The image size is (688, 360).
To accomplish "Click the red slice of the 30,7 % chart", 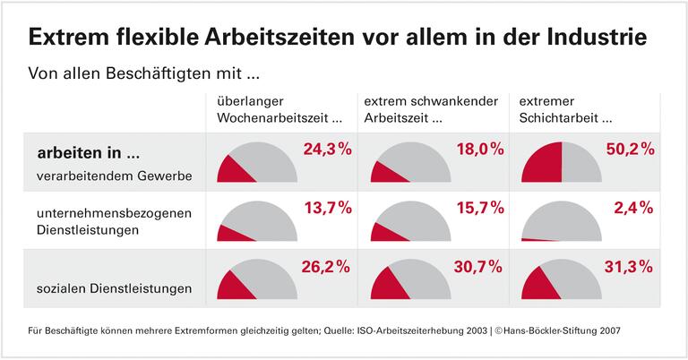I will pos(391,286).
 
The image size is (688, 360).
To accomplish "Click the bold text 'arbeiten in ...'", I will pos(88,152).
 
